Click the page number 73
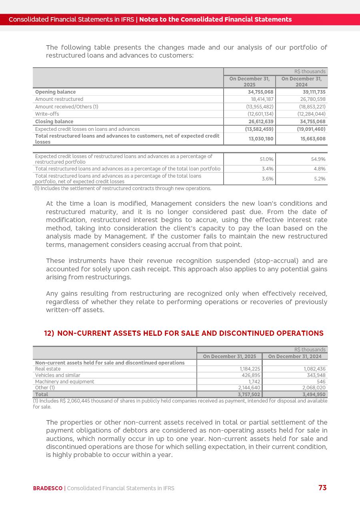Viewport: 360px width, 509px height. click(322, 487)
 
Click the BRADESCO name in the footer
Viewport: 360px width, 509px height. click(48, 488)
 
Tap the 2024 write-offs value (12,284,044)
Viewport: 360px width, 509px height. click(312, 114)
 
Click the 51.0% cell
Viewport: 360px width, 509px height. click(267, 159)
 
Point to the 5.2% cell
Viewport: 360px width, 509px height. click(320, 179)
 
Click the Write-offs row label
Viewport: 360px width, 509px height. click(47, 114)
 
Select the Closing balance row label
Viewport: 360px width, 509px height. click(54, 122)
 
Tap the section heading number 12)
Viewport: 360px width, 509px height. click(49, 333)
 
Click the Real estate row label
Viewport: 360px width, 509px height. click(48, 369)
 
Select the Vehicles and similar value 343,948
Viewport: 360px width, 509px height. click(316, 375)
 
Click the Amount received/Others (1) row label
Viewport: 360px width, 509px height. click(66, 107)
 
